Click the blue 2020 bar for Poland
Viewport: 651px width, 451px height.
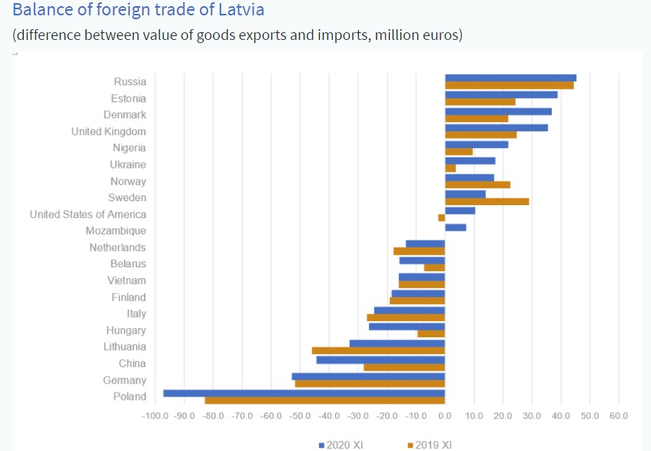click(x=304, y=393)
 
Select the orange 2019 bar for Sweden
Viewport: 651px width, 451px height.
click(x=487, y=201)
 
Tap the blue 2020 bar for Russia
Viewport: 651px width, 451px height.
click(x=510, y=78)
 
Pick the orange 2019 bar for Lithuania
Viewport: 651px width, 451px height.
click(x=378, y=350)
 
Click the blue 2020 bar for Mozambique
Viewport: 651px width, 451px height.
click(x=455, y=227)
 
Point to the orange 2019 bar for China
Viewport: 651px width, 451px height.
click(x=404, y=367)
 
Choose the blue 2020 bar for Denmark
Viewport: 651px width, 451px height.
click(x=498, y=111)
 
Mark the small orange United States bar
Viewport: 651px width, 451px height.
click(x=441, y=217)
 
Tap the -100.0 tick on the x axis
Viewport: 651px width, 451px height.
click(x=155, y=416)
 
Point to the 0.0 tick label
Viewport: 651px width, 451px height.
click(x=444, y=416)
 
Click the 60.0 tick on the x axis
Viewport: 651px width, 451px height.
click(x=619, y=416)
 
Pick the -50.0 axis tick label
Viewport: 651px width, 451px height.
click(x=300, y=416)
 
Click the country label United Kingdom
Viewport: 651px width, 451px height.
click(x=108, y=131)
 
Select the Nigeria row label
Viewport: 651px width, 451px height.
click(x=128, y=148)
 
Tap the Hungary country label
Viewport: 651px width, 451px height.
click(x=126, y=330)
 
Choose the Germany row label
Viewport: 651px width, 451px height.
click(x=125, y=380)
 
